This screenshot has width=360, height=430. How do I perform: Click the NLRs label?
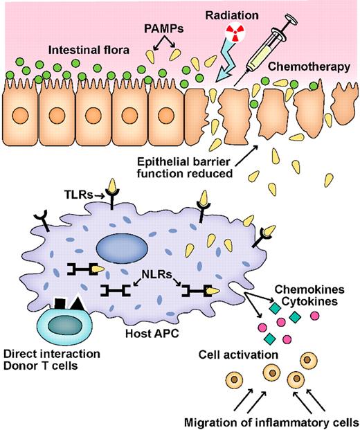[x=153, y=274]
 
